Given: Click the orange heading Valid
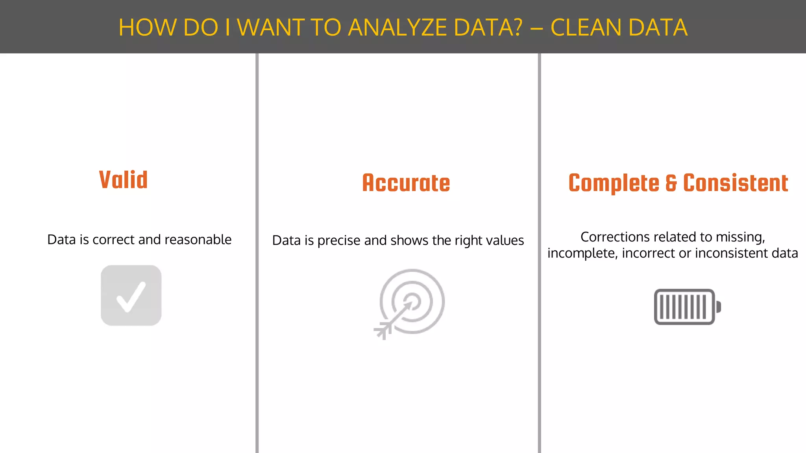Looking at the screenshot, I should click(123, 180).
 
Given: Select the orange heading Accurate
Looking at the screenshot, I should click(406, 183).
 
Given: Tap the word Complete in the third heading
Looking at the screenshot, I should click(614, 184).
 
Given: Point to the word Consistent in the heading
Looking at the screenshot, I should click(736, 183).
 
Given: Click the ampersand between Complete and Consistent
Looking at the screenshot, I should click(671, 184).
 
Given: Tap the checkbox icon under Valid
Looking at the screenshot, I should click(131, 295).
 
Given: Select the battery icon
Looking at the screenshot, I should click(687, 307).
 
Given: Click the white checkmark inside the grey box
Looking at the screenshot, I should click(131, 297).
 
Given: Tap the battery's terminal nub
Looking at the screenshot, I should click(718, 307).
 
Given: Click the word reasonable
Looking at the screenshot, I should click(198, 239).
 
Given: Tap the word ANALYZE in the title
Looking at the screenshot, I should click(397, 28).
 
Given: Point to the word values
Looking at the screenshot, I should click(506, 240).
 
